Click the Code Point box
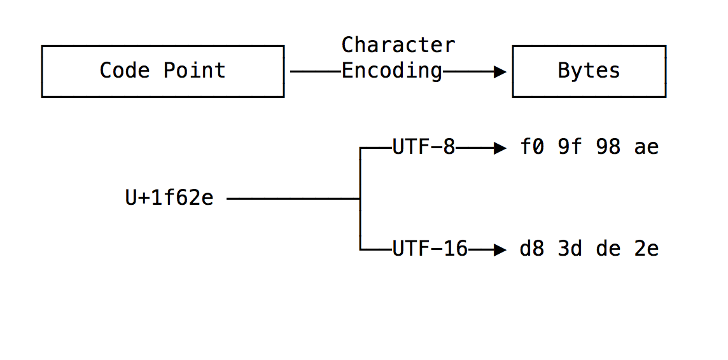pos(162,71)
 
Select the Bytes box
pos(589,71)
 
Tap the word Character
pos(398,45)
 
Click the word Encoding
pos(392,71)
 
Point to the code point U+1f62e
pos(169,198)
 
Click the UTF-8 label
pos(424,148)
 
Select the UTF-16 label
pos(430,249)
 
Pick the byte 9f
pos(570,148)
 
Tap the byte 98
pos(608,148)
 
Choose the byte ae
pos(647,148)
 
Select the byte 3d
pos(570,249)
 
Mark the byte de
pos(608,249)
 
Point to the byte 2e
pos(647,249)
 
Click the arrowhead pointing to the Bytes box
pos(500,72)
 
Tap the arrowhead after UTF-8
pos(500,148)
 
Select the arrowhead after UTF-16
pos(500,250)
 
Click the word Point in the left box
pos(194,71)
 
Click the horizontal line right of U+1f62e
pos(293,199)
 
